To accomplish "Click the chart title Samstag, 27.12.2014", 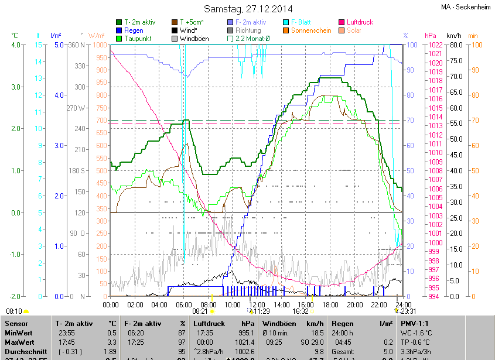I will tap(247, 9).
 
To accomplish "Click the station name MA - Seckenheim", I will tap(466, 7).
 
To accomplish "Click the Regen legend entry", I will tap(134, 30).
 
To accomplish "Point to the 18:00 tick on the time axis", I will tap(330, 305).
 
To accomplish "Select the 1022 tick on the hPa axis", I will tap(435, 45).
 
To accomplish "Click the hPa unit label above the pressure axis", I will tap(431, 36).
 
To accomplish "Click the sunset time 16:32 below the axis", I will tap(301, 312).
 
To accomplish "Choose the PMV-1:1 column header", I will tap(415, 323).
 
